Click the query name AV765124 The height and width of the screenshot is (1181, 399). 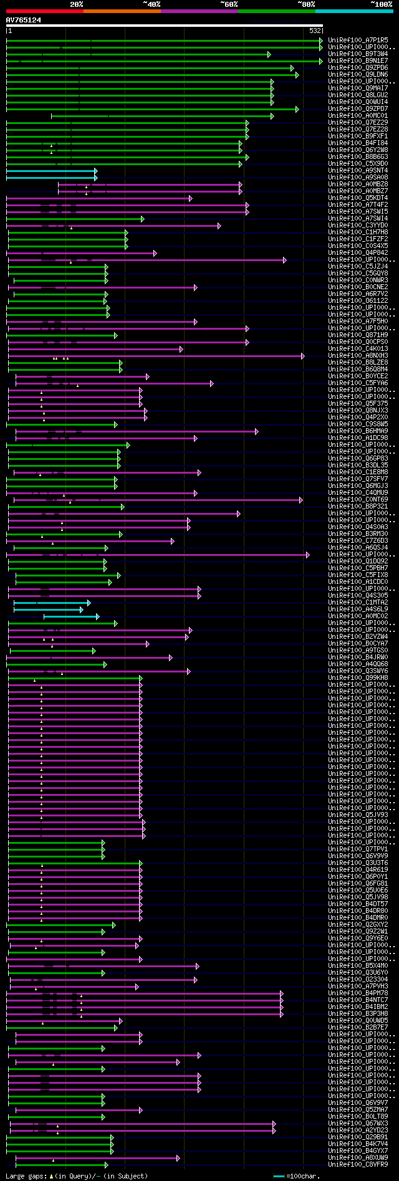[x=24, y=20]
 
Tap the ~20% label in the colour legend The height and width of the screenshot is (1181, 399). [x=77, y=4]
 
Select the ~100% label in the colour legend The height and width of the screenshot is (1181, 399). [x=381, y=4]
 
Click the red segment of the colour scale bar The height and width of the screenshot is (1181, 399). [x=44, y=11]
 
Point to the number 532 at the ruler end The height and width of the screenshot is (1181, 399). [x=315, y=31]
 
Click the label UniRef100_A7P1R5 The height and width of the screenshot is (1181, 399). [x=358, y=40]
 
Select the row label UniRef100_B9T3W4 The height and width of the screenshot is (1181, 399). [x=358, y=54]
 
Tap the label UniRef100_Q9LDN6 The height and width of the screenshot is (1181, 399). [x=358, y=74]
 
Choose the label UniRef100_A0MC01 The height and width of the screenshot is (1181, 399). [x=358, y=115]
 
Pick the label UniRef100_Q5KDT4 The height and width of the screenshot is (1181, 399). [x=358, y=198]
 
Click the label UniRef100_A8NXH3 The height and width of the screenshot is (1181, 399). [x=358, y=355]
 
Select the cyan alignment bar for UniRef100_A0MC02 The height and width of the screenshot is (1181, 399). [x=70, y=616]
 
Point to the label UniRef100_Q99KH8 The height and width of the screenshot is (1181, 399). [x=358, y=677]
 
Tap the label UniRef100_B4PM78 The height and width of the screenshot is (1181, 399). [x=358, y=993]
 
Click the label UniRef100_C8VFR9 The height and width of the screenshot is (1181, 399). [x=358, y=1164]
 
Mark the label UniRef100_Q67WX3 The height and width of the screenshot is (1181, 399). [x=358, y=1123]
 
